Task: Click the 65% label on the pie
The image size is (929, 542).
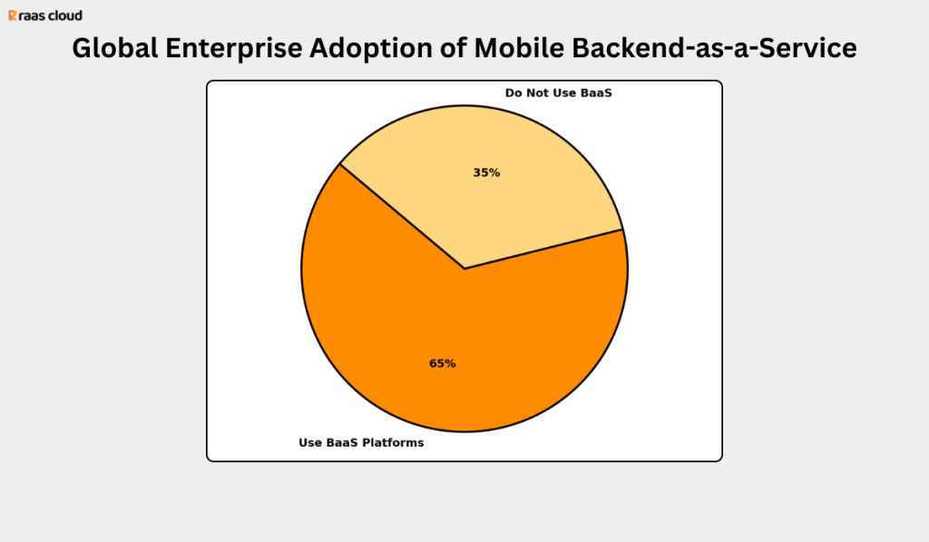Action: tap(443, 363)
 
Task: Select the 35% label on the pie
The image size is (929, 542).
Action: tap(486, 172)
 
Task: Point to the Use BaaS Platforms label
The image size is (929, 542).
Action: tap(361, 443)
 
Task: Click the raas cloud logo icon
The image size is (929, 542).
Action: tap(13, 15)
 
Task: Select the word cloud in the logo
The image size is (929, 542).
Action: tap(64, 15)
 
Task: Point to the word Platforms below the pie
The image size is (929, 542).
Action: tap(393, 443)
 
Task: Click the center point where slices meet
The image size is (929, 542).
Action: tap(464, 269)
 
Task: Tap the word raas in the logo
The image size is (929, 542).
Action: tap(33, 15)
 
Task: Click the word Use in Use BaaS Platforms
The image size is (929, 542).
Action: tap(310, 443)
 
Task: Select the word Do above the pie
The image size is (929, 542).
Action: tap(513, 93)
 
